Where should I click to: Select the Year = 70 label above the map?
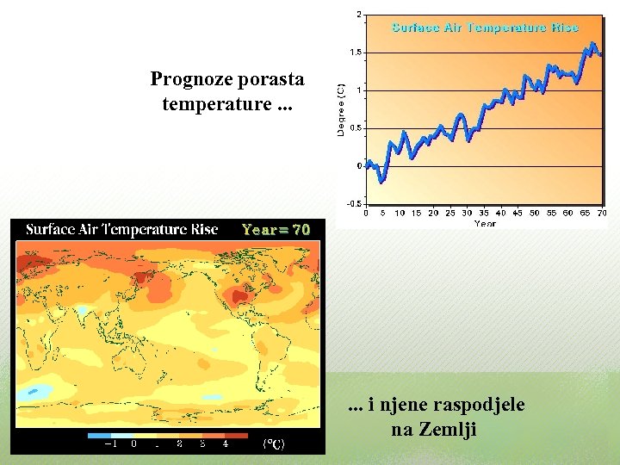coord(276,230)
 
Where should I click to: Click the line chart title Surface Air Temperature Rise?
coord(485,28)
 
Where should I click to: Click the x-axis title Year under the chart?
coord(485,223)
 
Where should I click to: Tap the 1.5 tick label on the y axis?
coord(356,53)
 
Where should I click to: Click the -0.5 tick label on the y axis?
coord(354,204)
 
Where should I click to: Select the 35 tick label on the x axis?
coord(483,213)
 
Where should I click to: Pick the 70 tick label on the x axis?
coord(601,213)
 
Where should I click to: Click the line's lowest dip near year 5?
coord(381,181)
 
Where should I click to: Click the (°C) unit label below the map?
coord(274,444)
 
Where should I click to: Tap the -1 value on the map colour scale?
coord(110,444)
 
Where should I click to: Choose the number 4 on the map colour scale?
coord(226,444)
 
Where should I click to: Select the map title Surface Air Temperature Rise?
coord(121,230)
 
